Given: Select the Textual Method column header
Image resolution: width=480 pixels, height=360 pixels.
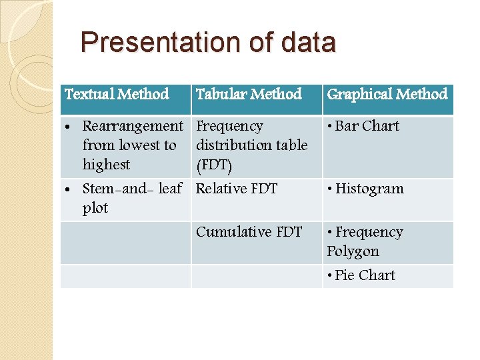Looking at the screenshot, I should (117, 94).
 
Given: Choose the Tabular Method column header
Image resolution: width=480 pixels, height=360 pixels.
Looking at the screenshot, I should (249, 94).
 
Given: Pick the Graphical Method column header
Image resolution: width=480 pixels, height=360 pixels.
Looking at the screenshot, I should (387, 94).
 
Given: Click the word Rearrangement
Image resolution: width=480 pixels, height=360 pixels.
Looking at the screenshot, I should (132, 126).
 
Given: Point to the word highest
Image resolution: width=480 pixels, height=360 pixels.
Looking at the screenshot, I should (106, 164).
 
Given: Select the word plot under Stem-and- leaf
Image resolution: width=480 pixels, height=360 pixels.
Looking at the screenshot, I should (95, 208).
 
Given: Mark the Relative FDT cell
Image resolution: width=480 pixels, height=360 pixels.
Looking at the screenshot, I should (237, 189).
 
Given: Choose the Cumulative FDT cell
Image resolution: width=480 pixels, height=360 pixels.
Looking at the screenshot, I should (249, 232).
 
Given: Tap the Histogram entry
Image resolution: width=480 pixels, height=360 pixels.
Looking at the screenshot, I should (369, 189).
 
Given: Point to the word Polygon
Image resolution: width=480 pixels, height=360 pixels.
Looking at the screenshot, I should (353, 251).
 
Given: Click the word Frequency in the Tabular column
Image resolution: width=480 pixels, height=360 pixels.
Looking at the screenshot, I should (229, 126).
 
